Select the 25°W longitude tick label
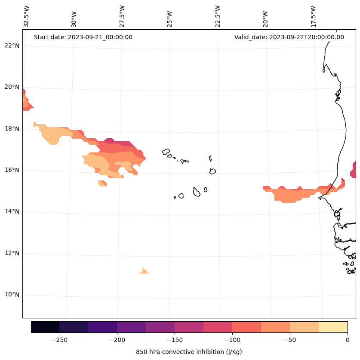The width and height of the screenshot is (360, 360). click(x=170, y=16)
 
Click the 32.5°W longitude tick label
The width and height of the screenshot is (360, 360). click(x=27, y=16)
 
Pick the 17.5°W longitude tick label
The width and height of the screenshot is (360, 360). click(x=314, y=16)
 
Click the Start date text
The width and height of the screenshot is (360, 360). click(x=83, y=37)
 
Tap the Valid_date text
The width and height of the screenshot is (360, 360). click(x=289, y=37)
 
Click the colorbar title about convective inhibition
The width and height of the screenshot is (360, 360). click(x=189, y=352)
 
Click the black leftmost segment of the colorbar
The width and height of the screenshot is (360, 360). click(x=45, y=327)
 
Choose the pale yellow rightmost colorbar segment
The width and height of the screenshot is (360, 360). click(x=333, y=327)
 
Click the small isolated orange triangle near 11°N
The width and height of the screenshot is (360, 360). click(x=144, y=271)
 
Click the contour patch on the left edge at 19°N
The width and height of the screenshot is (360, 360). click(x=26, y=102)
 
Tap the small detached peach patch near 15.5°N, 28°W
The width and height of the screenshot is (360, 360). click(x=102, y=183)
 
